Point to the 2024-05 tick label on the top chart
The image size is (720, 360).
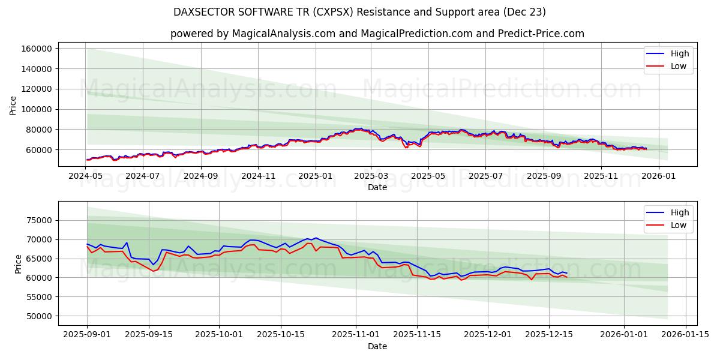pos(86,176)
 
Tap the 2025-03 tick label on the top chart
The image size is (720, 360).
pos(371,176)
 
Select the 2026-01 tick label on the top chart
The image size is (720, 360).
pos(658,176)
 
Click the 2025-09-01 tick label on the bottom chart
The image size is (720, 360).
pos(86,335)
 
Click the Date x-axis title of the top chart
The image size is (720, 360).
pos(377,187)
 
